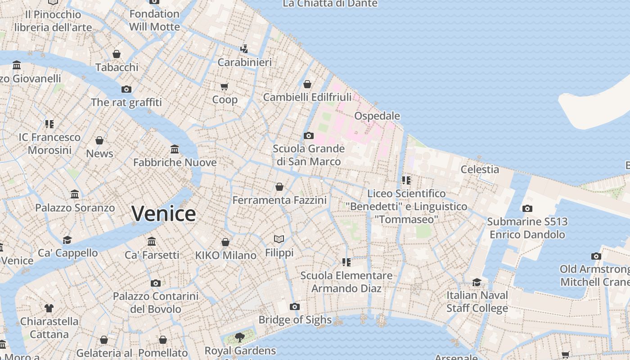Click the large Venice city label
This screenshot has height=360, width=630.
coord(164,213)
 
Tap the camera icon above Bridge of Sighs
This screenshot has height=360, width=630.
coord(295,307)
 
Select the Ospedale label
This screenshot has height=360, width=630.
coord(377,116)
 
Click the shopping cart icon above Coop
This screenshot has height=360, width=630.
coord(224,86)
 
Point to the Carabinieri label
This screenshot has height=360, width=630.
coord(244,62)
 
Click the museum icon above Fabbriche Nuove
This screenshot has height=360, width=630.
coord(175,149)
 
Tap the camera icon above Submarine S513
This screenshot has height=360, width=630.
coord(527,208)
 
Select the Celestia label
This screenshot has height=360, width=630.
coord(480,170)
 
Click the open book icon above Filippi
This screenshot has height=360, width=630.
coord(279,239)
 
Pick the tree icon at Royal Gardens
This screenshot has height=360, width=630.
coord(240,337)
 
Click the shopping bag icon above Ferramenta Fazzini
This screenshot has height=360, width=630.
coord(279,187)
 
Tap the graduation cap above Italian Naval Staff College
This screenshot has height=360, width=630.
coord(477,282)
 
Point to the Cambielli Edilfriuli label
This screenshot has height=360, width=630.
coord(307,97)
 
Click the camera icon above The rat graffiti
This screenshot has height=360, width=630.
coord(126,89)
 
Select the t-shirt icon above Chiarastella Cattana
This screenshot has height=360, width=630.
coord(49,308)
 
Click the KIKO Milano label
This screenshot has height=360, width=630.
coord(225,256)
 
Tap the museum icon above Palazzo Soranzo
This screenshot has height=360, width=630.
coord(75,194)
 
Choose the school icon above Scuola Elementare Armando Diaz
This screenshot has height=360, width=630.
coord(346,262)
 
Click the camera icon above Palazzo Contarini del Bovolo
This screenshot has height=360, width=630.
coord(155,283)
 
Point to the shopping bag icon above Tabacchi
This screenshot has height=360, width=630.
coord(117,54)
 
